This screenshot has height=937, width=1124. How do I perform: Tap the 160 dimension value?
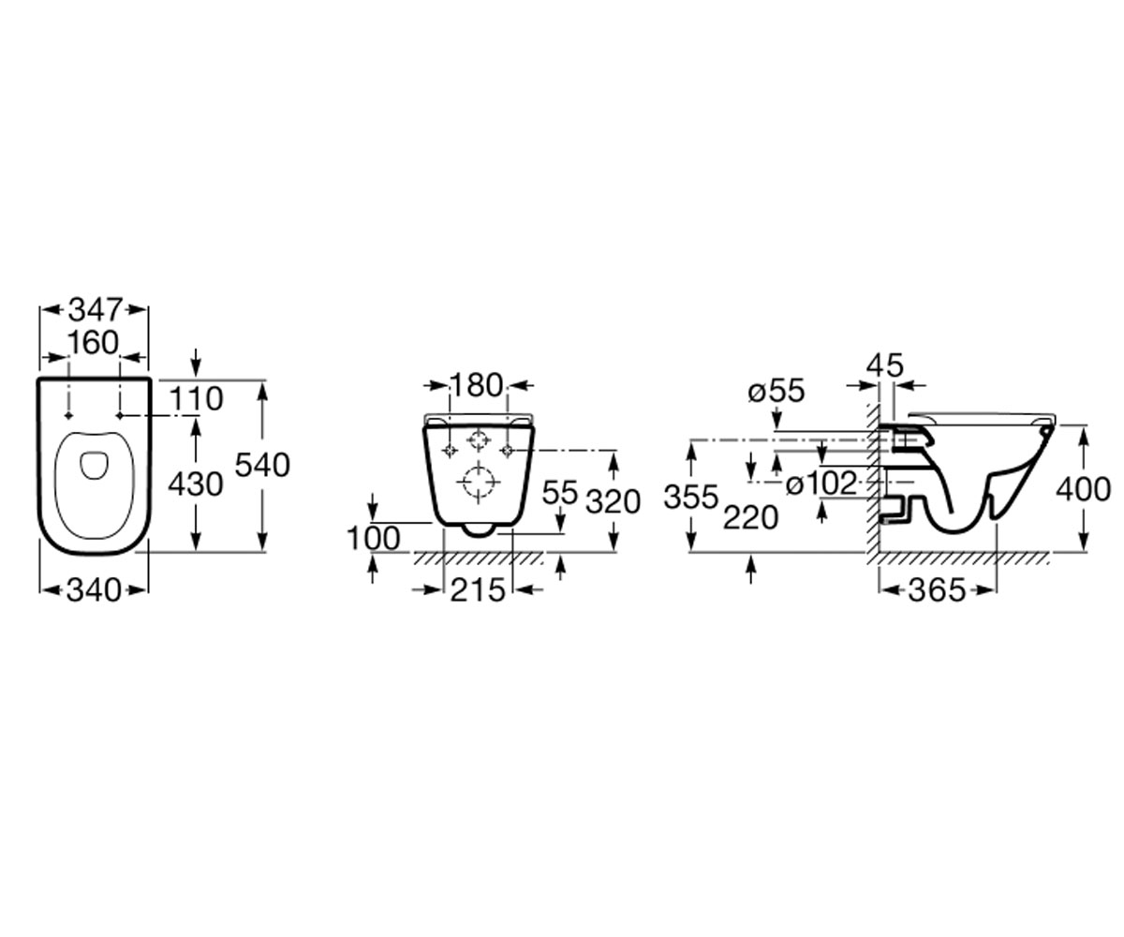tap(94, 343)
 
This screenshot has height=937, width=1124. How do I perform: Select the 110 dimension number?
tap(196, 399)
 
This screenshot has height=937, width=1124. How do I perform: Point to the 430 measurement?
tap(196, 484)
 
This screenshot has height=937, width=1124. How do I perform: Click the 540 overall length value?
tap(262, 466)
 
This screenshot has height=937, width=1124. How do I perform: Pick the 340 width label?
tap(95, 590)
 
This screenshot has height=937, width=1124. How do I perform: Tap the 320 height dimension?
tap(614, 502)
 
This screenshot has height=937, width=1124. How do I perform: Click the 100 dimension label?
tap(374, 538)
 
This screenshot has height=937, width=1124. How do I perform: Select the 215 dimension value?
tap(478, 590)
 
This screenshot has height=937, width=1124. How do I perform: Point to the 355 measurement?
tap(691, 497)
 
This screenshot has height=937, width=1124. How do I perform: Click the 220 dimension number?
tap(751, 518)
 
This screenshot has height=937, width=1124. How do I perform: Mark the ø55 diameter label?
tap(776, 391)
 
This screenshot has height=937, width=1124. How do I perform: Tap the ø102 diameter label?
tap(821, 483)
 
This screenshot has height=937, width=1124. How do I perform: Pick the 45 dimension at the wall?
tap(885, 365)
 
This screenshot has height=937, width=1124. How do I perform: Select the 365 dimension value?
tap(938, 590)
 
